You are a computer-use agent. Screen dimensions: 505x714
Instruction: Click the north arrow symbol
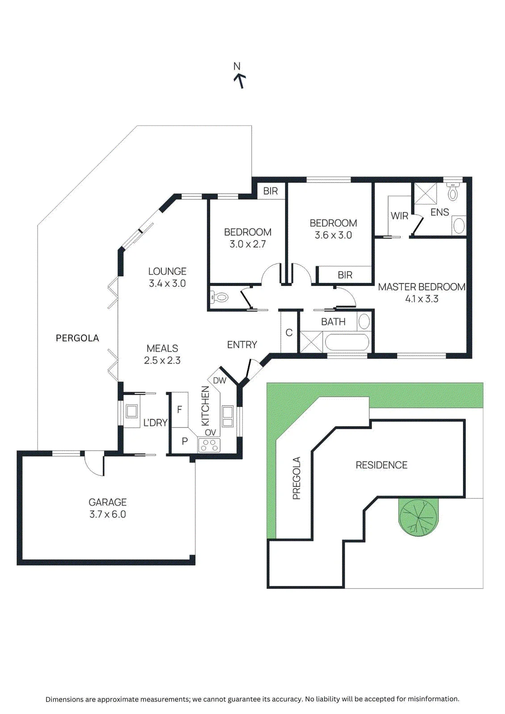click(x=240, y=81)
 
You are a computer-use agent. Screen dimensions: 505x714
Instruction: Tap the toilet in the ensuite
click(x=453, y=191)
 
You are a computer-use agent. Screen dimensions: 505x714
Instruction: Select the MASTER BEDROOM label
click(x=422, y=287)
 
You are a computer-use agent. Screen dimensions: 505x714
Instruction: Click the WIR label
click(x=400, y=216)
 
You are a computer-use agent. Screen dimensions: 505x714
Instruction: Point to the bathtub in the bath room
click(x=347, y=342)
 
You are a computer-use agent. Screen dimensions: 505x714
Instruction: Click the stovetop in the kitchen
click(x=209, y=445)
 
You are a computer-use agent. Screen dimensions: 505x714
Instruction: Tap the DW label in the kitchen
click(x=220, y=380)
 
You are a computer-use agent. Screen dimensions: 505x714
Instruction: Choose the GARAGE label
click(x=108, y=502)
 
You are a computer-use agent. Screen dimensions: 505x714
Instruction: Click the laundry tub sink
click(x=132, y=411)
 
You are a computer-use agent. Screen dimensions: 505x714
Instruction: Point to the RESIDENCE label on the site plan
click(x=382, y=465)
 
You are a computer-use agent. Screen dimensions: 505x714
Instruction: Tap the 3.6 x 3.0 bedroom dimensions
click(x=333, y=235)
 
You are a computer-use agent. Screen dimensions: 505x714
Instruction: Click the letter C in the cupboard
click(x=289, y=333)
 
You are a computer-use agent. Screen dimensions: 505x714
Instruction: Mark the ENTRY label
click(x=242, y=345)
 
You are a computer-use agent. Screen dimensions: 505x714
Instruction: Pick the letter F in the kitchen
click(x=179, y=410)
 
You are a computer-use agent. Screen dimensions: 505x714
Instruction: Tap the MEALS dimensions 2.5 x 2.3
click(x=162, y=361)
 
